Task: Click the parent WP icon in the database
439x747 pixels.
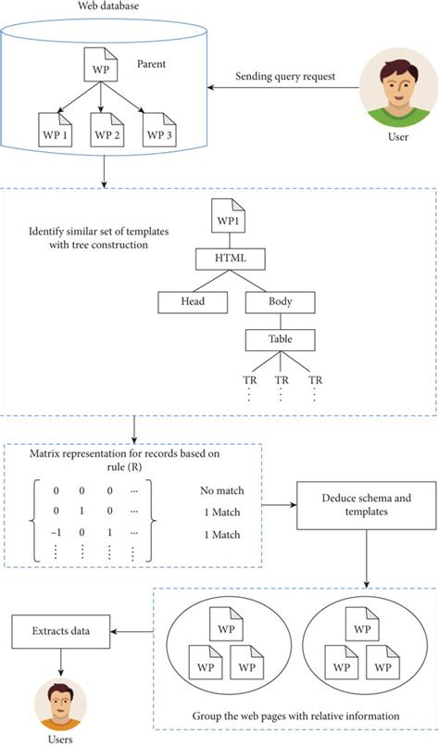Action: pyautogui.click(x=105, y=68)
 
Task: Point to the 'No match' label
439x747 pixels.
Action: pyautogui.click(x=221, y=491)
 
